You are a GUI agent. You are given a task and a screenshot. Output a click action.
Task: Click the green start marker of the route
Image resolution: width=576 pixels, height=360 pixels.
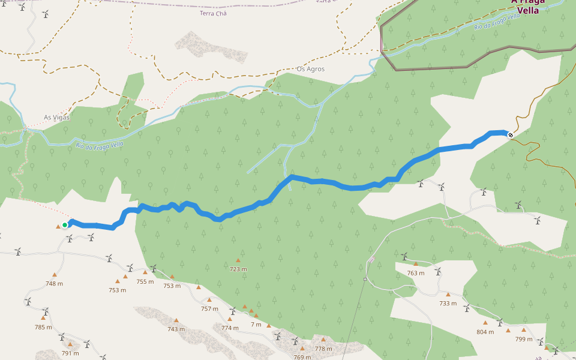coord(65,225)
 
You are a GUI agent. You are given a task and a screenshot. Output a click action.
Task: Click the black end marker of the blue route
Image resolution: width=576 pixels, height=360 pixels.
coord(511,135)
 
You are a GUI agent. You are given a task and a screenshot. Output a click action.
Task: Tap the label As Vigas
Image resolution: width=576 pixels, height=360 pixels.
coord(57,118)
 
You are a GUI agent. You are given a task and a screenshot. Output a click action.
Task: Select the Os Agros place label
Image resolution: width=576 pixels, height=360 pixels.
coord(310,69)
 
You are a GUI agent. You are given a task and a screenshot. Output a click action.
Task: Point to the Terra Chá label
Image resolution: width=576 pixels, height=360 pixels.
coord(213,13)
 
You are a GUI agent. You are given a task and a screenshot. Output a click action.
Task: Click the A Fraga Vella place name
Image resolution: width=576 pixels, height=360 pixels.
coord(528,7)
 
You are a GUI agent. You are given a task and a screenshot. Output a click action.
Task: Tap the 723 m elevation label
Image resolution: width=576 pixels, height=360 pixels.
coord(238,269)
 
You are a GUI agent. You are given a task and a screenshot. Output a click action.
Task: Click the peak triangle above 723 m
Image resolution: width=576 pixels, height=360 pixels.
coord(238,260)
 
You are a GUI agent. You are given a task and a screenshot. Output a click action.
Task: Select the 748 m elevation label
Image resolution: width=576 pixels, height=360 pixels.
coord(54,284)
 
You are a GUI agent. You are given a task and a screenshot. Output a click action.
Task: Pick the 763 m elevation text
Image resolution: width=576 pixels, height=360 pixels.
coord(416,273)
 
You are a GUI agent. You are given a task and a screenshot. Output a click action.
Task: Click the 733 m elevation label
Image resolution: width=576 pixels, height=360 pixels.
coord(448,304)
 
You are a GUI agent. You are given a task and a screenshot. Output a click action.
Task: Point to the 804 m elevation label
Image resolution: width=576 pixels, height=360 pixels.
coord(485,332)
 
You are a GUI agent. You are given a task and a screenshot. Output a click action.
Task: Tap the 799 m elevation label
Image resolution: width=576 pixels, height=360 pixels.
coord(523,339)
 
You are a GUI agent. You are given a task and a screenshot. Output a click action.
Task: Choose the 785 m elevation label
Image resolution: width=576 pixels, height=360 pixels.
coord(44,327)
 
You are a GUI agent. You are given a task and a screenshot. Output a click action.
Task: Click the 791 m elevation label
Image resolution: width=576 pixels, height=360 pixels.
coord(70,353)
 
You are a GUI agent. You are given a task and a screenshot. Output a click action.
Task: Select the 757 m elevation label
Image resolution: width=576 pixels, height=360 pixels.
coord(209,309)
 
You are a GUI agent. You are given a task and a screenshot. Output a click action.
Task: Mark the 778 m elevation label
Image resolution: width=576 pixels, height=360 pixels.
coord(323,349)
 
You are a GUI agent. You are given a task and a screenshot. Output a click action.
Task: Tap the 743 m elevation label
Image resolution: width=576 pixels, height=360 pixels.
coord(176,329)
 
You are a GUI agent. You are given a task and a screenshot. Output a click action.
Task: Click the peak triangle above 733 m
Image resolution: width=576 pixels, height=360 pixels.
coord(448,295)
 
